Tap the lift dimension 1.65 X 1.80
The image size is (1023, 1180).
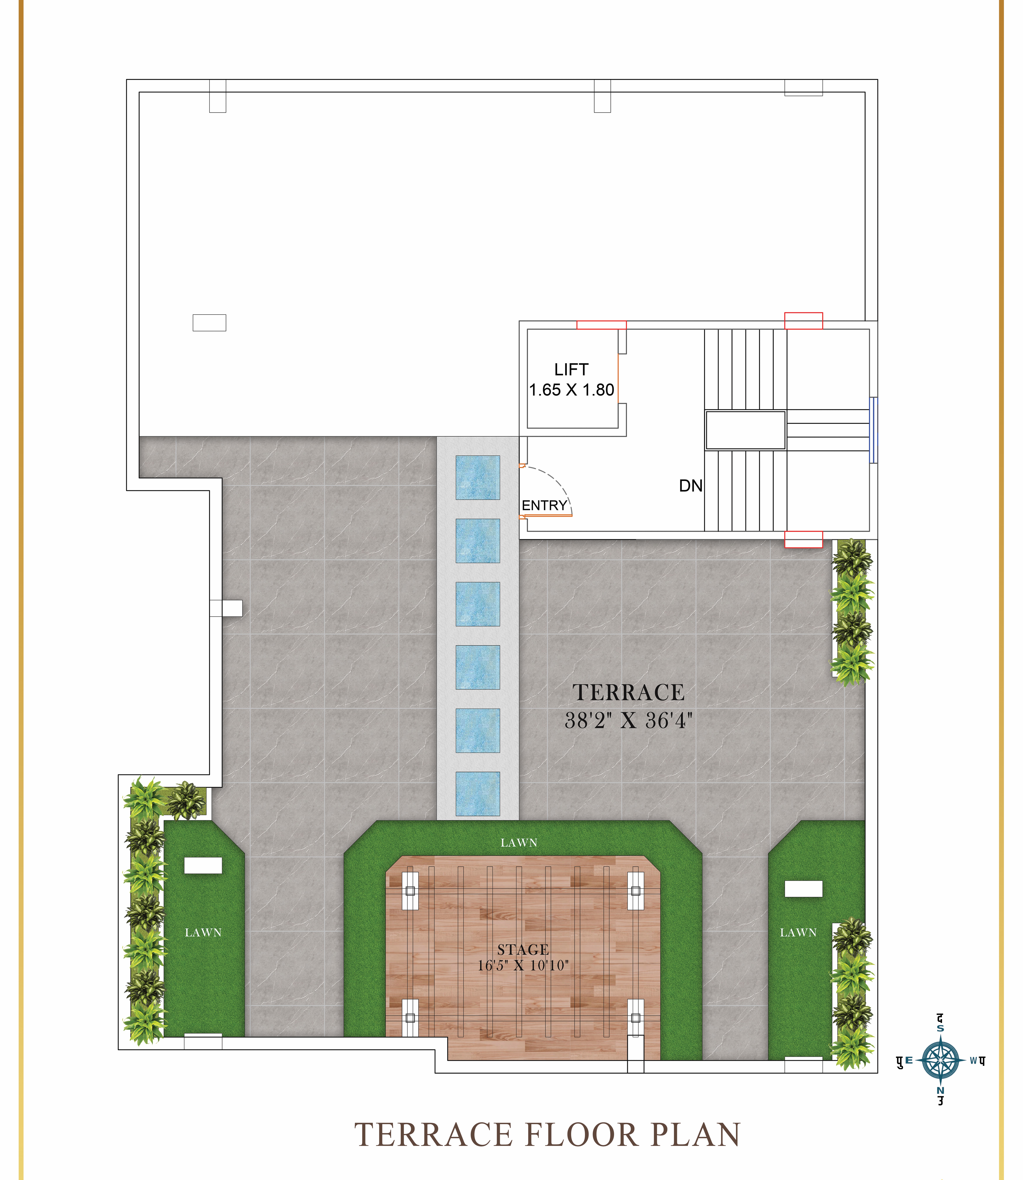pyautogui.click(x=571, y=390)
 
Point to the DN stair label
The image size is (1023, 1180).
pyautogui.click(x=691, y=486)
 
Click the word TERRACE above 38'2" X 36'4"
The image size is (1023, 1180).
pyautogui.click(x=629, y=692)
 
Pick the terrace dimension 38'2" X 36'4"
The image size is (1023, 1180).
pyautogui.click(x=629, y=720)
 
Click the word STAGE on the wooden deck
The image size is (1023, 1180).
pyautogui.click(x=523, y=949)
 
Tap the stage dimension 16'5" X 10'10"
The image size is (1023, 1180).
pyautogui.click(x=523, y=965)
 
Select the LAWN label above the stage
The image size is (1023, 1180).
pyautogui.click(x=519, y=843)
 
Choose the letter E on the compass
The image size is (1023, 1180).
pyautogui.click(x=909, y=1060)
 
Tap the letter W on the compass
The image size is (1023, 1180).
pyautogui.click(x=974, y=1061)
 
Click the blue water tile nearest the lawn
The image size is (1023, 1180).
pyautogui.click(x=478, y=793)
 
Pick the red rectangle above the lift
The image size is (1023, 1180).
pyautogui.click(x=601, y=325)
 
